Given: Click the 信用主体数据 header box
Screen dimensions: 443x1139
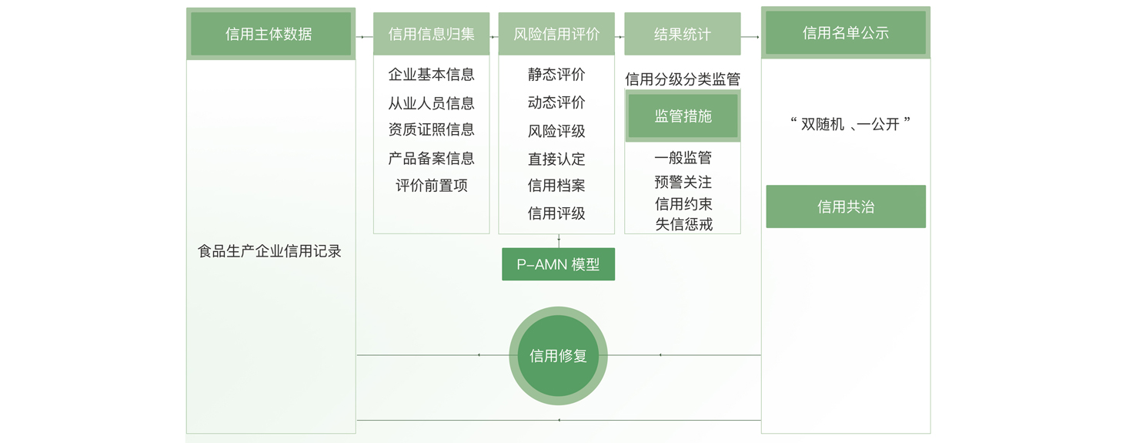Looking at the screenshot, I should tap(270, 34).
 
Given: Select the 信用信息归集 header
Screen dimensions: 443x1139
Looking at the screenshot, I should tap(431, 34).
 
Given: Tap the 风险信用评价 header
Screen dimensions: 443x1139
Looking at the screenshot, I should tap(556, 34).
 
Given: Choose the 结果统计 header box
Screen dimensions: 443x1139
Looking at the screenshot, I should tap(682, 34).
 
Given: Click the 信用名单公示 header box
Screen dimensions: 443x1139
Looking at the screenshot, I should tap(845, 32).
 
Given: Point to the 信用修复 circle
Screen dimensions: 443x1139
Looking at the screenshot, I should tap(558, 356).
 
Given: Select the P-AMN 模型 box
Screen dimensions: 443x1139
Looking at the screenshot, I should tap(558, 264).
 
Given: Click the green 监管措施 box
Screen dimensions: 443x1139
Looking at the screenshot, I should tap(683, 116).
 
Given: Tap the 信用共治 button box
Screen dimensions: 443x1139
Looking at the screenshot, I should tap(845, 206).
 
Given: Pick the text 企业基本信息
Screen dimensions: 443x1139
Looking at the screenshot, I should tap(431, 75).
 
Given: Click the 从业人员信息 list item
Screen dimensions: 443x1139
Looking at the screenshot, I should tap(431, 103).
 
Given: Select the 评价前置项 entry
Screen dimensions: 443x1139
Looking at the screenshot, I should tap(431, 186).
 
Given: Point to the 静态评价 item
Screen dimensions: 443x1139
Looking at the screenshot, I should tap(556, 75).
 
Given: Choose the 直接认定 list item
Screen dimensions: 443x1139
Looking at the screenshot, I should tap(556, 159).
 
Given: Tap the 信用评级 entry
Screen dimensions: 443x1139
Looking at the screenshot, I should tap(556, 213).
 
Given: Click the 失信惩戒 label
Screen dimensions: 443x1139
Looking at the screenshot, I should tap(683, 224).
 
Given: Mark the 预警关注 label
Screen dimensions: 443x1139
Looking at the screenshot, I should tap(683, 183).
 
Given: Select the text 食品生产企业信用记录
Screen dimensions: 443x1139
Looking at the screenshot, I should tap(269, 251).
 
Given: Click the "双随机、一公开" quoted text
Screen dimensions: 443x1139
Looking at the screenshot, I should tap(850, 124).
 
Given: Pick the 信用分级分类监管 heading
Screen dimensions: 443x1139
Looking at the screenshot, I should tap(682, 79).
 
